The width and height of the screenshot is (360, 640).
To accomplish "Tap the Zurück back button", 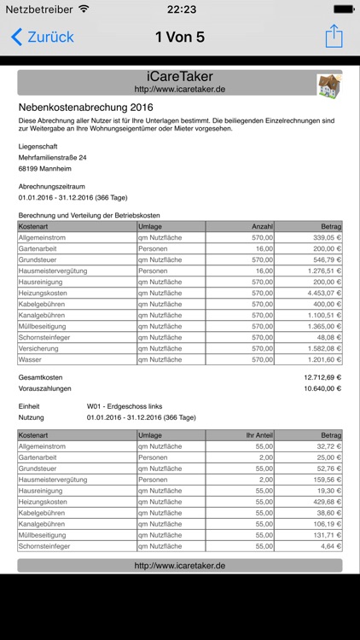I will click(x=43, y=37).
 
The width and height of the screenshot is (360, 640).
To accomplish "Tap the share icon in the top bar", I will click(x=334, y=37).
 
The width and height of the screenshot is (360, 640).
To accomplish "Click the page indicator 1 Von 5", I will click(x=179, y=37).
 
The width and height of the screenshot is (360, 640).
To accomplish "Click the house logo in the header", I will click(x=328, y=84).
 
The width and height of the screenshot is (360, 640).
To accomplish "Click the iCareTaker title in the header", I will click(x=179, y=77).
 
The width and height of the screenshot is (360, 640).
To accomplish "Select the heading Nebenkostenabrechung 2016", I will click(x=85, y=108).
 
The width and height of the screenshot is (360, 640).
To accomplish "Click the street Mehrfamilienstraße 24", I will click(x=53, y=158).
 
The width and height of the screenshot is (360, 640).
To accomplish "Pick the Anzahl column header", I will click(x=262, y=226).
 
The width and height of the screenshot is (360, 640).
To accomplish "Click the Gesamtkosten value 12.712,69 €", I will click(x=322, y=377).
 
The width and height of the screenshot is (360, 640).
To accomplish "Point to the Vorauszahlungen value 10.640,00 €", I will click(x=322, y=388).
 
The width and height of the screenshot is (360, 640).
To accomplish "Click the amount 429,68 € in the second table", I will click(x=327, y=502).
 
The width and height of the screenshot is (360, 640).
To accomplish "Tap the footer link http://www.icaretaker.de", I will click(x=179, y=565).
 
